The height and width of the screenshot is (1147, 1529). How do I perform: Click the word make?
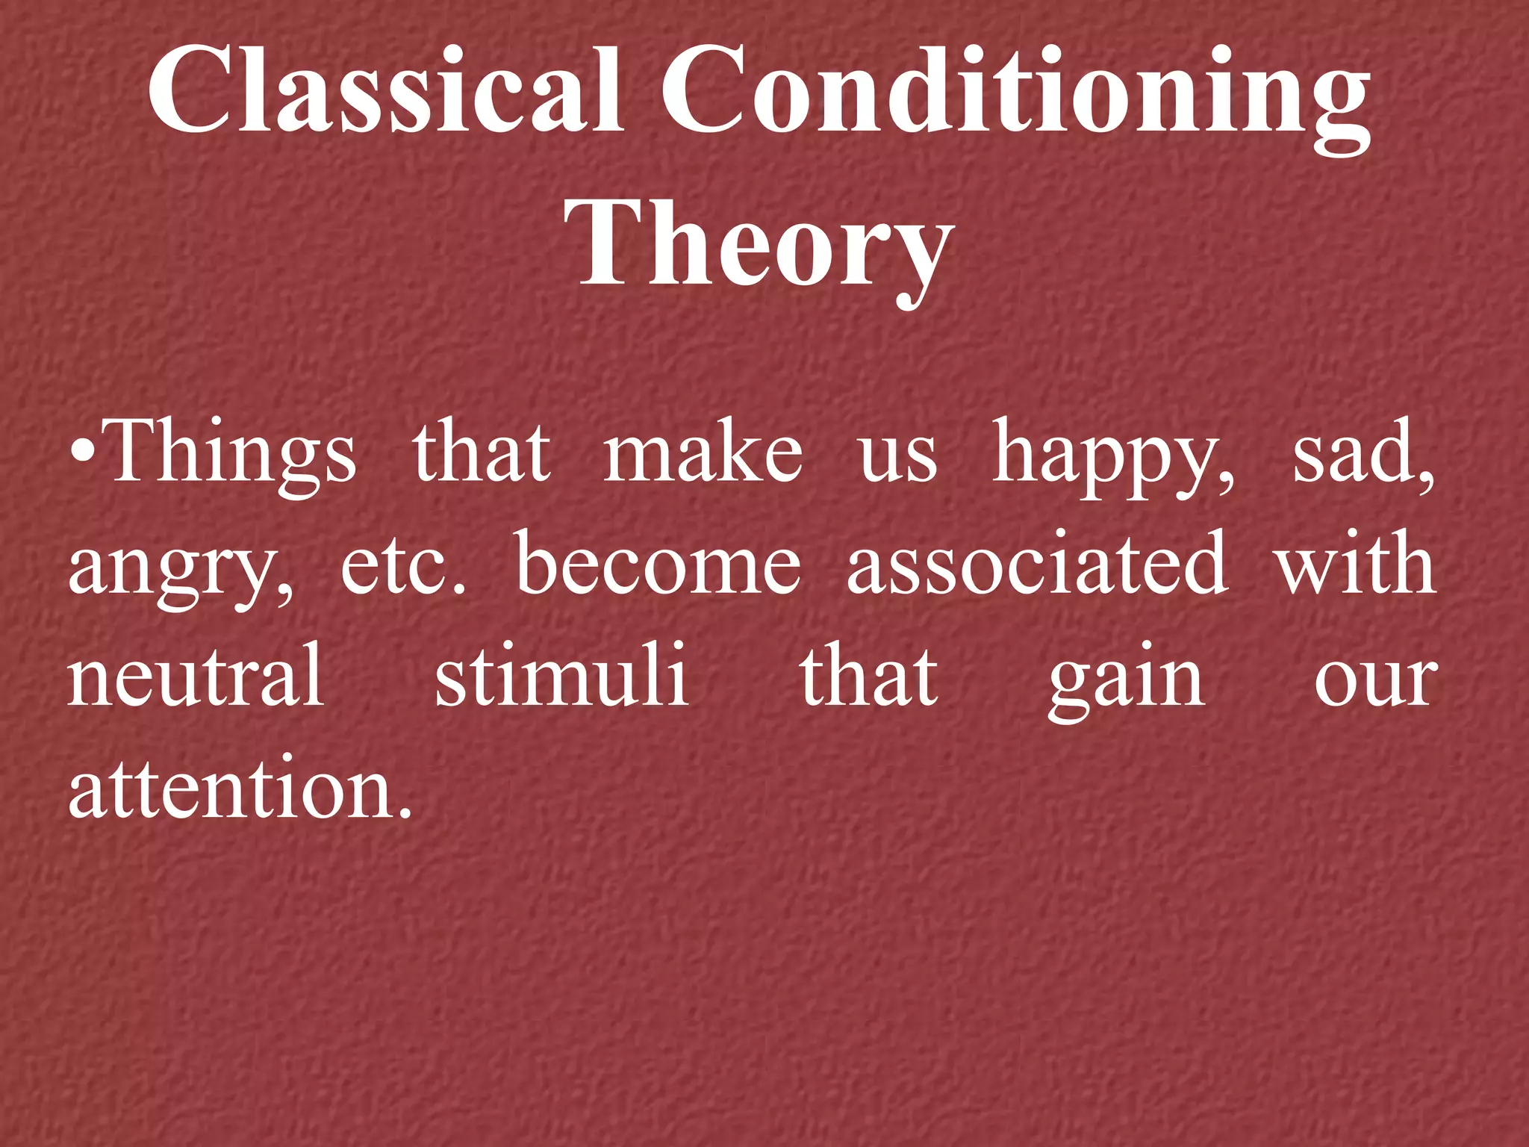pyautogui.click(x=703, y=453)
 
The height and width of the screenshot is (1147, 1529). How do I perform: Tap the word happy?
pyautogui.click(x=1112, y=456)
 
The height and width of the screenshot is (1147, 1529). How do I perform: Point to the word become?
pyautogui.click(x=658, y=564)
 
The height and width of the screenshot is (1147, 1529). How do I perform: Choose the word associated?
pyautogui.click(x=1038, y=564)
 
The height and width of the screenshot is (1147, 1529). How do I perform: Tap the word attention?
pyautogui.click(x=231, y=789)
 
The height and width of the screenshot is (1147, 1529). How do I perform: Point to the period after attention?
pyautogui.click(x=405, y=812)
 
